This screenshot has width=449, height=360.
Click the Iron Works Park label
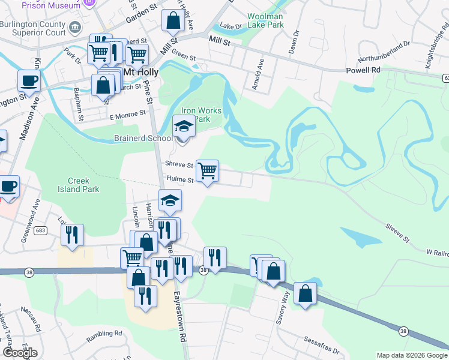point(201,115)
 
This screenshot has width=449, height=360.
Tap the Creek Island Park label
point(83,184)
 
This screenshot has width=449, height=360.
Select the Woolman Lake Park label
point(267,21)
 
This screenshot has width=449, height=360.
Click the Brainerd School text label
point(143,137)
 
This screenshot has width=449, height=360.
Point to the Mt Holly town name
point(140,72)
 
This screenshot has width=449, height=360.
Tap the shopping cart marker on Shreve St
point(207,170)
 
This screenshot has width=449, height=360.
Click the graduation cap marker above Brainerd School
point(184,127)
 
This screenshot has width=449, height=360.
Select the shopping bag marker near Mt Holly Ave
point(173,20)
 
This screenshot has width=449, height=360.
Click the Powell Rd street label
point(364,70)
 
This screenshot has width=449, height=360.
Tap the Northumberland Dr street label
point(384,52)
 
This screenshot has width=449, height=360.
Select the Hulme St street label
point(180,179)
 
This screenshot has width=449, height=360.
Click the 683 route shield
point(40,230)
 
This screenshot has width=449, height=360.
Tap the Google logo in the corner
point(20,353)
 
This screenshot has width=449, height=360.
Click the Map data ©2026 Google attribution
point(412,355)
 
